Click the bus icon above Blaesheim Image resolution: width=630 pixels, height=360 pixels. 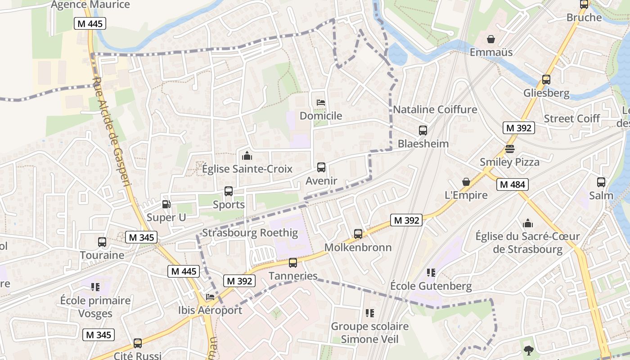point(423,130)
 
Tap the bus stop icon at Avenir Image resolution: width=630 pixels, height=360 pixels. point(321,167)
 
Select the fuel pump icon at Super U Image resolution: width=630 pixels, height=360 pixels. point(166,204)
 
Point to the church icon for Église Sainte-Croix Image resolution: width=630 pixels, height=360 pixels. point(247,156)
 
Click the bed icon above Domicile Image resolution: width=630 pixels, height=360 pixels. point(321,103)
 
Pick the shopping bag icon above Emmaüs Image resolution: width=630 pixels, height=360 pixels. point(491,39)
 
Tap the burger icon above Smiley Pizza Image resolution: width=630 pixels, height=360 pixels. point(509,148)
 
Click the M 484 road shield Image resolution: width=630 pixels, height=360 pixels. point(513,184)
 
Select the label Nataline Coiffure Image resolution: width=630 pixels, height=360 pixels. point(435,109)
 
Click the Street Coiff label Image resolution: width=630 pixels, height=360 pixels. point(571,119)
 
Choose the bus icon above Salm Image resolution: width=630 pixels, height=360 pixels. point(601,182)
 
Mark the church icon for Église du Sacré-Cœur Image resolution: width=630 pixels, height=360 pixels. point(527,223)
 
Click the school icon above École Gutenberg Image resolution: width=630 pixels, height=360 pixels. point(431,273)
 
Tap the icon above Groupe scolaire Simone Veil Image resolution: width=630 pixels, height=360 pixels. point(369,313)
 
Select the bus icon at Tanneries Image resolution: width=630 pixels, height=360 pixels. point(293,262)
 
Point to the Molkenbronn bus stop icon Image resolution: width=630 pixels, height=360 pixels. point(358,234)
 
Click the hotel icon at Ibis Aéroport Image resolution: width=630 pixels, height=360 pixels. point(210,297)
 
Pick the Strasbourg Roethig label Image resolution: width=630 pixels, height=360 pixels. point(250,233)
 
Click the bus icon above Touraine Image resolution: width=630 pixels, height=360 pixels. point(102,242)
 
